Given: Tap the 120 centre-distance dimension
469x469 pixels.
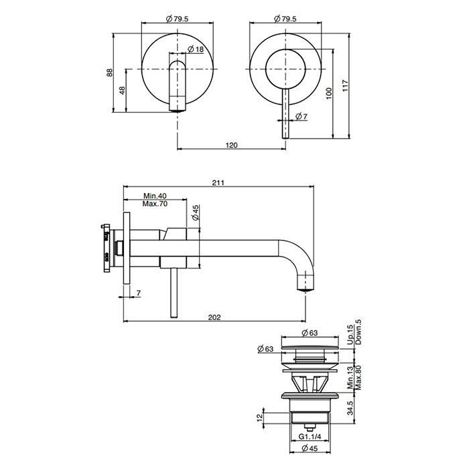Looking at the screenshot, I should (x=232, y=144).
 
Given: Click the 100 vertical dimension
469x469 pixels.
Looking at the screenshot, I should (x=329, y=93).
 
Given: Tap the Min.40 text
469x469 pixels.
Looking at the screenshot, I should (x=155, y=196).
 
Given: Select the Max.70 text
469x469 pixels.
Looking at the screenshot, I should (x=155, y=204).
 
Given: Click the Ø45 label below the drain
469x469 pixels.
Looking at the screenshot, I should (x=310, y=449).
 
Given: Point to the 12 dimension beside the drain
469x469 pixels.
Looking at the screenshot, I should (x=261, y=418).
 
